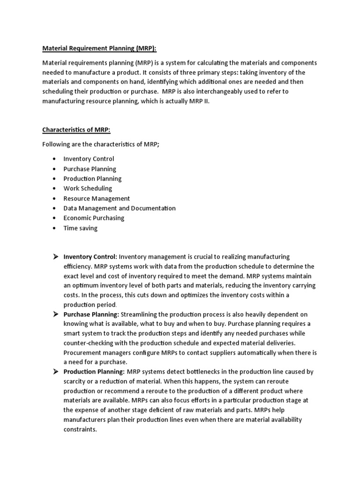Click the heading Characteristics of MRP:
click(x=76, y=130)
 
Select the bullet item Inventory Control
click(x=89, y=159)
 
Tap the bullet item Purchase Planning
click(x=90, y=169)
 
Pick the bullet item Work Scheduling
click(x=88, y=188)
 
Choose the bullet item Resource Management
click(x=97, y=198)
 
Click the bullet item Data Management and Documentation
click(x=120, y=208)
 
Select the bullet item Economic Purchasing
click(x=94, y=218)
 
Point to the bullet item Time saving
click(x=80, y=228)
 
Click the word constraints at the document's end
click(x=80, y=429)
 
